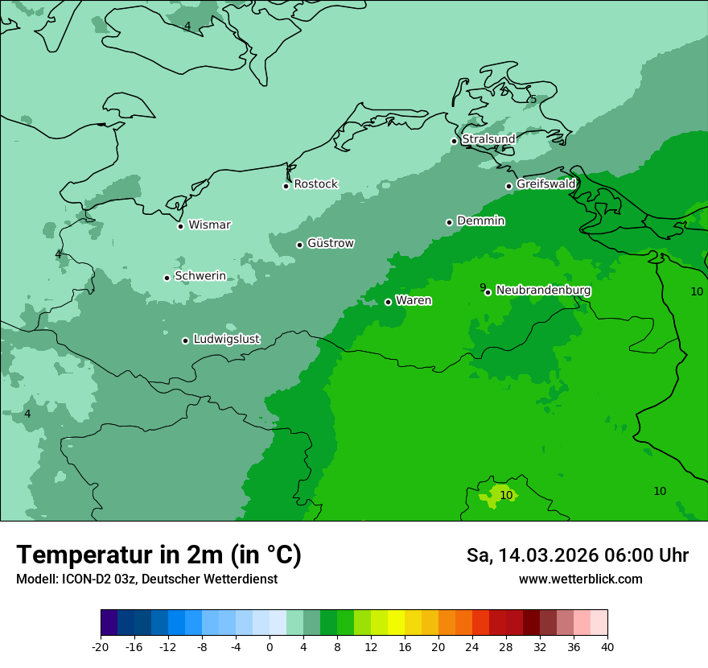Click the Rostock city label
pyautogui.click(x=315, y=184)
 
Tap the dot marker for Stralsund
pyautogui.click(x=454, y=141)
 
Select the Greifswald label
pyautogui.click(x=545, y=184)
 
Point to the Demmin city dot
pyautogui.click(x=449, y=222)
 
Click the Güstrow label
pyautogui.click(x=330, y=243)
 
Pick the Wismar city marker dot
pyautogui.click(x=180, y=226)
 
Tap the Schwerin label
pyautogui.click(x=200, y=276)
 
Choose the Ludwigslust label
pyautogui.click(x=226, y=340)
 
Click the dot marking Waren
pyautogui.click(x=388, y=302)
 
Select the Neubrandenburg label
pyautogui.click(x=543, y=291)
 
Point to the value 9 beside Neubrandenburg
pyautogui.click(x=483, y=287)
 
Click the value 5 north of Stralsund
pyautogui.click(x=533, y=100)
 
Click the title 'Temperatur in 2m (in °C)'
pyautogui.click(x=158, y=555)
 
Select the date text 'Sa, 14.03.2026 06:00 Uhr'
pyautogui.click(x=577, y=555)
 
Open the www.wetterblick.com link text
pyautogui.click(x=580, y=579)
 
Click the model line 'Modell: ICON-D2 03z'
pyautogui.click(x=146, y=579)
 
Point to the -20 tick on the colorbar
pyautogui.click(x=101, y=647)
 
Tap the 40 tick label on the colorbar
pyautogui.click(x=607, y=647)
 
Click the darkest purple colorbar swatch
pyautogui.click(x=109, y=623)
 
